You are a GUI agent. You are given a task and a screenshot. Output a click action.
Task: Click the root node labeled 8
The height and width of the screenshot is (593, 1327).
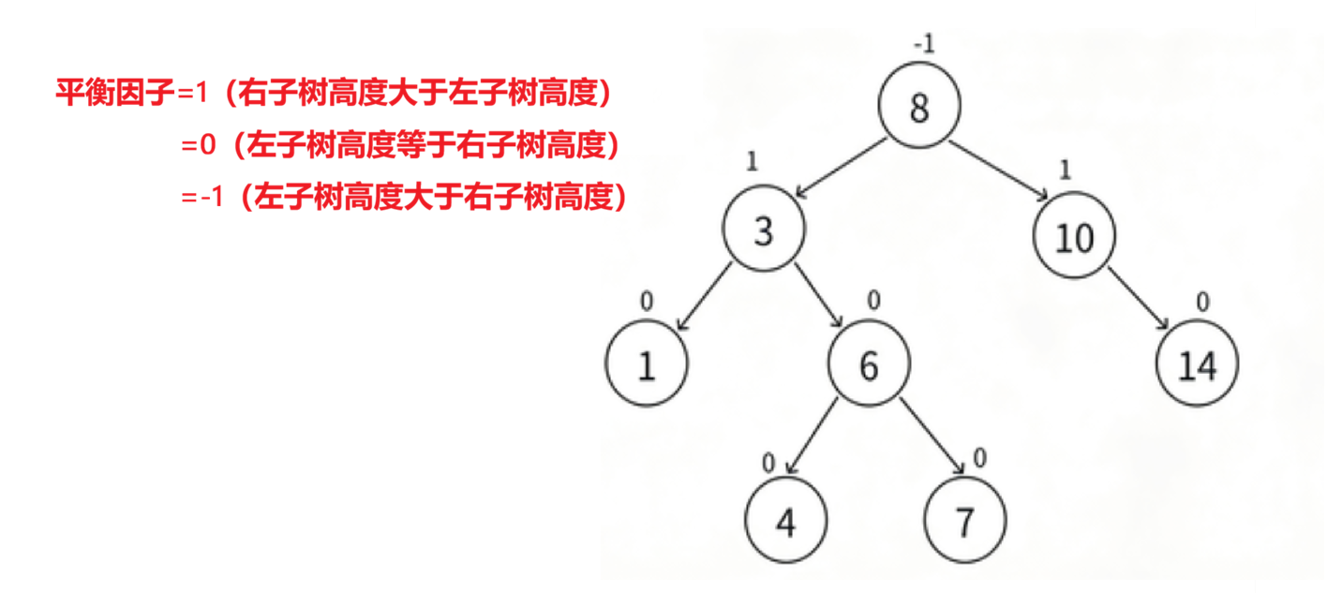point(919,107)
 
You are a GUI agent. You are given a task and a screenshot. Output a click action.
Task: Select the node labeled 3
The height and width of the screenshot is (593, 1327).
point(764,230)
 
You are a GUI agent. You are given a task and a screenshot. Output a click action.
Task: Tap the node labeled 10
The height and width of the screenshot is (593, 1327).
point(1075,237)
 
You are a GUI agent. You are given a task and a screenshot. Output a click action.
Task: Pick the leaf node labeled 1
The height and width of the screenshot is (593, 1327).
point(647,364)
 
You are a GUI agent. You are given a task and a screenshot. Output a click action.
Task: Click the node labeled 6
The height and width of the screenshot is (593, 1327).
point(869,365)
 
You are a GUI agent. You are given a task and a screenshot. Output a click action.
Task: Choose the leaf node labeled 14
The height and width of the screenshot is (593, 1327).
point(1197,365)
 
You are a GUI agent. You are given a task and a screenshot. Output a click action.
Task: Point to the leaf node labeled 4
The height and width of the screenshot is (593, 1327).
point(786,522)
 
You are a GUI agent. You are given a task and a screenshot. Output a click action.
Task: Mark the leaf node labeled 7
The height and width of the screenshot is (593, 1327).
point(965,522)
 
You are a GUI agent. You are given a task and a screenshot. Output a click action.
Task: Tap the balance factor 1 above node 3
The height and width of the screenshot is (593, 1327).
point(752,161)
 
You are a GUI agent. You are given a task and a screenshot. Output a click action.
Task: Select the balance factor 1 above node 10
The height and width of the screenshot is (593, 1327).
point(1064,170)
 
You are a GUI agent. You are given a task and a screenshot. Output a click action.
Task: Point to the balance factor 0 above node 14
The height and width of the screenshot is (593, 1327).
point(1202,302)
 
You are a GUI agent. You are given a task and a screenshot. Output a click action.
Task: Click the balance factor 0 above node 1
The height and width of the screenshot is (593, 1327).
point(646,302)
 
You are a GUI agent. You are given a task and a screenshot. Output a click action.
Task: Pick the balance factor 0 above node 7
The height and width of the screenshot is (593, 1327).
point(979,458)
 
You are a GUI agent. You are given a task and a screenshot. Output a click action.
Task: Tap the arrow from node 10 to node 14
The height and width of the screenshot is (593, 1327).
point(1139,299)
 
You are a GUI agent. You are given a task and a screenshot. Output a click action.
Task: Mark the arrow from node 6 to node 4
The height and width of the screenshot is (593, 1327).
point(814,437)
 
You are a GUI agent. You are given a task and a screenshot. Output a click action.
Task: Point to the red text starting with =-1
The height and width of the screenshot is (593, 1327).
point(404,199)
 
